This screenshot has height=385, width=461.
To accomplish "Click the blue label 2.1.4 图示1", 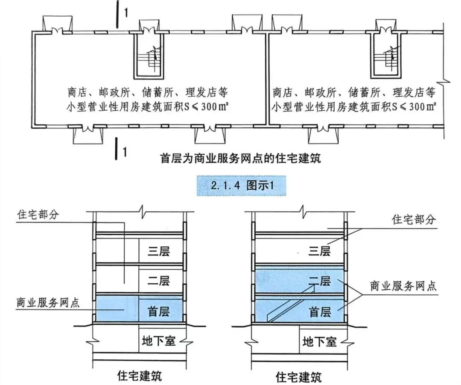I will tap(241, 186).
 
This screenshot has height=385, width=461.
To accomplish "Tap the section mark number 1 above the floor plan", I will tap(125, 13).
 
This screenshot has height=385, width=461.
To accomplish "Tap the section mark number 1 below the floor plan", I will tap(124, 152).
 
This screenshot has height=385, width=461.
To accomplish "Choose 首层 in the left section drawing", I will tap(158, 310).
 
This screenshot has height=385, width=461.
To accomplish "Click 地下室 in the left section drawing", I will tap(159, 341).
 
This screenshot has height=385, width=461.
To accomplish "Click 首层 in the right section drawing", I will tap(320, 312).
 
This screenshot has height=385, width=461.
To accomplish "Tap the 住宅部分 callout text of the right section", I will tap(413, 220).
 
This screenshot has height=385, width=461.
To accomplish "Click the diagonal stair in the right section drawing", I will tap(290, 304).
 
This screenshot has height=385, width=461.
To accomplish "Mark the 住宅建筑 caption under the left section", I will tap(139, 376).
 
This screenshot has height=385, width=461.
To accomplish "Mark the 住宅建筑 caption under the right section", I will tap(299, 376).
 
